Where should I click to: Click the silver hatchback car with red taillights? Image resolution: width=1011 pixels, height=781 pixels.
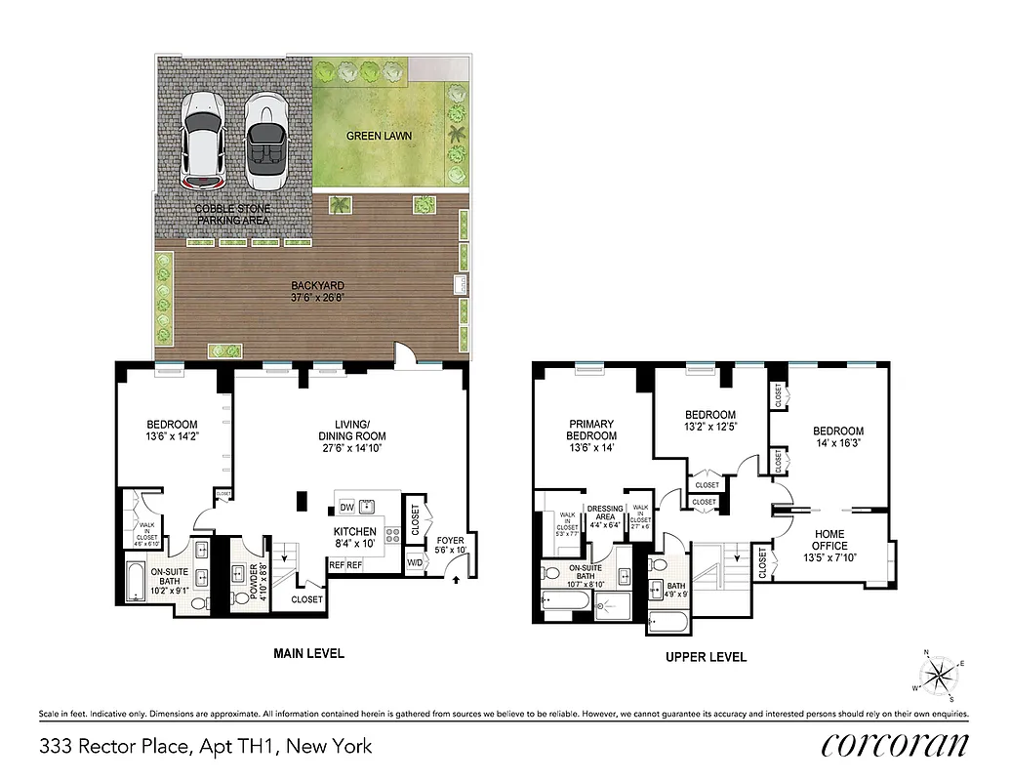pos(205,141)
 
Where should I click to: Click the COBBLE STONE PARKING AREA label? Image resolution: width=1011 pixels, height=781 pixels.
pos(233,215)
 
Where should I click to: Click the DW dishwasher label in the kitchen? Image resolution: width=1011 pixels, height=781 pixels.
pos(346,506)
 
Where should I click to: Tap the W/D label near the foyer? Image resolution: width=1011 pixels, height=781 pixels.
pos(414,562)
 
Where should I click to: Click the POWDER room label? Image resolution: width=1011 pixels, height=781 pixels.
pos(251,582)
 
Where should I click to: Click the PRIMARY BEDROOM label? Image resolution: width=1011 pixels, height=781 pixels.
pos(592,430)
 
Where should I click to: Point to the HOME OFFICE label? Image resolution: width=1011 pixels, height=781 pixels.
pos(830,540)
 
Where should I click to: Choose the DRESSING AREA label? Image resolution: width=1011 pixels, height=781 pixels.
pos(604,514)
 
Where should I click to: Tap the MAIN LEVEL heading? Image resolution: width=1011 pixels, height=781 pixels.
pos(308,653)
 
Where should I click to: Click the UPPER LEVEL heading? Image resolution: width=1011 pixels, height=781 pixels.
pos(706,657)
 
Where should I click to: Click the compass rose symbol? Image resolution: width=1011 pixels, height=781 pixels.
pos(939,675)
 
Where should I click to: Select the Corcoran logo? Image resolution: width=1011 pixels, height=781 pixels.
pos(895,745)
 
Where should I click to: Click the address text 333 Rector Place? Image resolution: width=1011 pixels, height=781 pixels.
pos(206,747)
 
